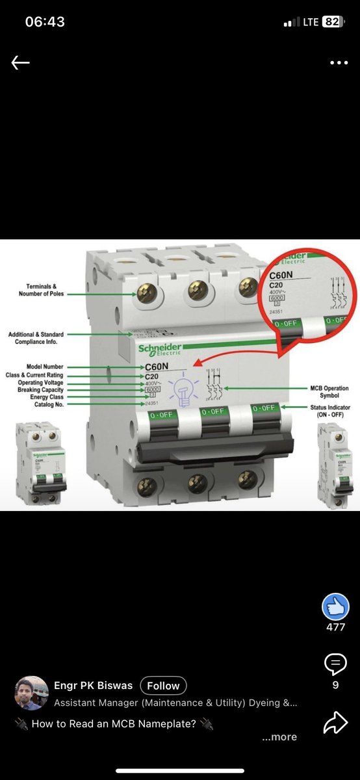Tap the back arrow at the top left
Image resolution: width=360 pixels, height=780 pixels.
(x=21, y=63)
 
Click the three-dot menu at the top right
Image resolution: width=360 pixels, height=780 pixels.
(x=339, y=63)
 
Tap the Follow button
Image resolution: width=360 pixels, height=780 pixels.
(x=163, y=686)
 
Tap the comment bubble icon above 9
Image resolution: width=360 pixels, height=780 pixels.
(x=335, y=664)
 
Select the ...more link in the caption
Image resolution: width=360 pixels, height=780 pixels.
(x=279, y=737)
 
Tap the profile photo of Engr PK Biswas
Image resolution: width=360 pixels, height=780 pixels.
(x=31, y=693)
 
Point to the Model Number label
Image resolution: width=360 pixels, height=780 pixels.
(x=45, y=367)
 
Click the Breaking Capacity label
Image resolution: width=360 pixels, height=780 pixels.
(x=40, y=390)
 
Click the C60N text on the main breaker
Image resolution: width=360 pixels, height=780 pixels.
(x=157, y=367)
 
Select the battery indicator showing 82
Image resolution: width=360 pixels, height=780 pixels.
(x=331, y=21)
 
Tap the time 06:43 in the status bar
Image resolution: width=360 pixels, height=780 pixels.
(x=45, y=21)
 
